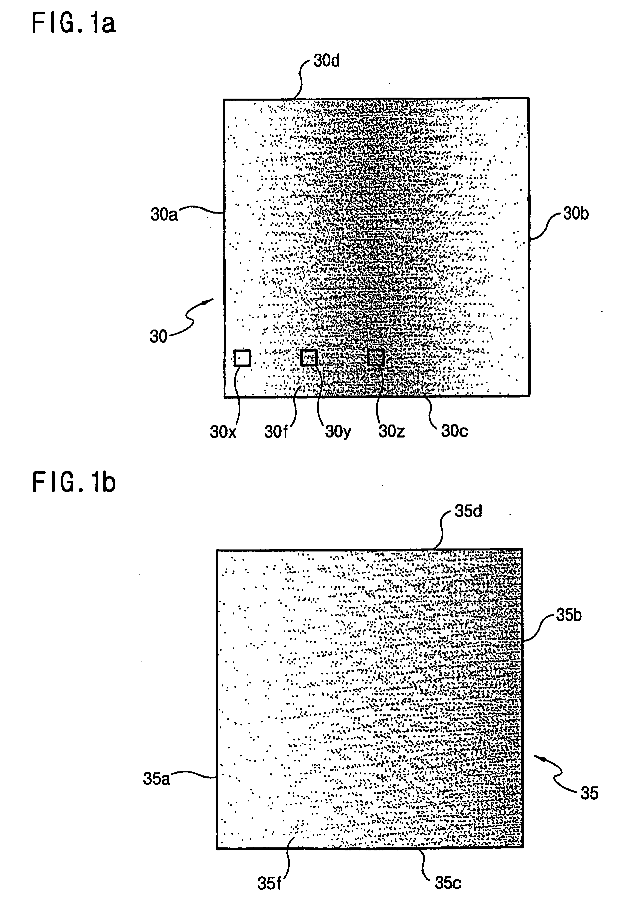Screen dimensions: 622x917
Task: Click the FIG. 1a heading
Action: click(73, 23)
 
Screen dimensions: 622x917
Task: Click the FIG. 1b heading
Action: click(73, 482)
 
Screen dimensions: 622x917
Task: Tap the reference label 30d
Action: click(326, 61)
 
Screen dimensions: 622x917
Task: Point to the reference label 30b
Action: click(575, 214)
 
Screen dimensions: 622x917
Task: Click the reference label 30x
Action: click(223, 432)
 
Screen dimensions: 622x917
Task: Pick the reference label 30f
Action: click(275, 432)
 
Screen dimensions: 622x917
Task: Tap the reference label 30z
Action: click(391, 431)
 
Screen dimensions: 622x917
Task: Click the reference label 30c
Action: click(454, 431)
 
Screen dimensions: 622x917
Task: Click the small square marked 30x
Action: click(242, 358)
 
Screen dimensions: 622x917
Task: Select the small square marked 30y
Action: click(309, 358)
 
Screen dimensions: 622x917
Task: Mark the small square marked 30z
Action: click(376, 358)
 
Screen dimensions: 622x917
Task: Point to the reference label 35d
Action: click(468, 511)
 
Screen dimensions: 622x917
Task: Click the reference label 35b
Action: click(569, 615)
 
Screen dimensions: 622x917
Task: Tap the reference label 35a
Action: click(156, 778)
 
